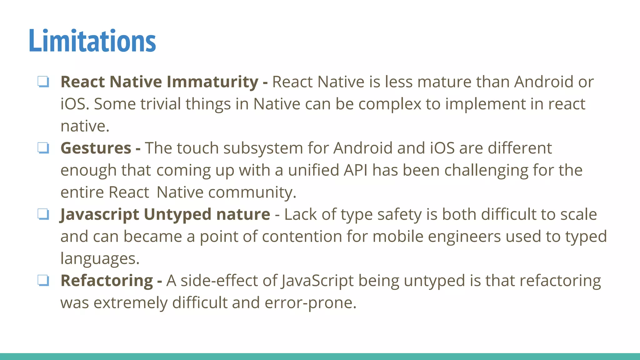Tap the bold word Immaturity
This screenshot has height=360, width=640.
(212, 82)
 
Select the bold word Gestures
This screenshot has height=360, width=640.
(96, 148)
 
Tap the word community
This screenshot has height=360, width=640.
(252, 192)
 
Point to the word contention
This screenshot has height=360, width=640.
(302, 237)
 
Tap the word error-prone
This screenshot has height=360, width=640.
(310, 303)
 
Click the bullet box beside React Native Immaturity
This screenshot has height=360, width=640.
(43, 82)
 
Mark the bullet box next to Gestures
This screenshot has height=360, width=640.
(43, 148)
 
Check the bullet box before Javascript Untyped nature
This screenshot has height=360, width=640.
(43, 214)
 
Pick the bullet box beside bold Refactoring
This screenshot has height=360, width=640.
(43, 280)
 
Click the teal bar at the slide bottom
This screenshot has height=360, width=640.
(320, 356)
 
